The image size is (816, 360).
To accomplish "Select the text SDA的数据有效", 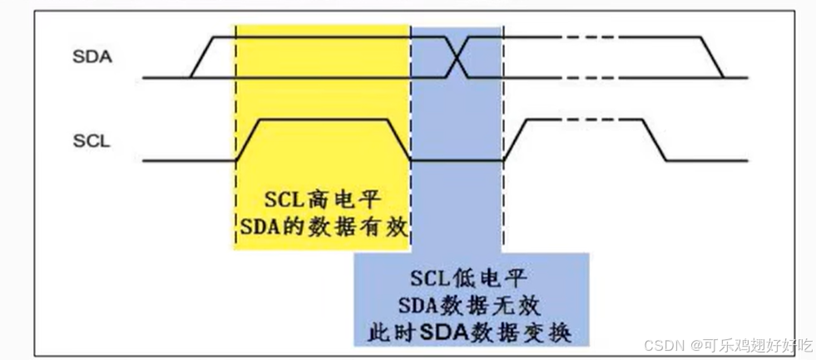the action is point(323,225).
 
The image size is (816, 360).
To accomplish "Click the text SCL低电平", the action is point(471,275).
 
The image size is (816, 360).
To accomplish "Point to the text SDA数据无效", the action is point(471,304).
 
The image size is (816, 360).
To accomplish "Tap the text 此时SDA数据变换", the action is point(471,333).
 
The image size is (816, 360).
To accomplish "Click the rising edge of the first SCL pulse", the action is point(248,139).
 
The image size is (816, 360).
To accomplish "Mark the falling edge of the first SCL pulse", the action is point(400,139).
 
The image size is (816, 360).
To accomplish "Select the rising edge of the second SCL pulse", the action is point(513,139).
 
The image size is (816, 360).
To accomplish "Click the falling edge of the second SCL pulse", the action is point(656,139).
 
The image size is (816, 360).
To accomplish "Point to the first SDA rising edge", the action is point(202,57).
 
